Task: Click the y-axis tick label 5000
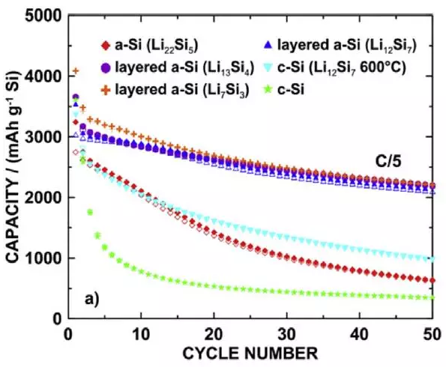point(43,16)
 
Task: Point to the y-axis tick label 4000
point(43,76)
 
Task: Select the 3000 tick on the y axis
point(43,137)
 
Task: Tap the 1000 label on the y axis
point(43,258)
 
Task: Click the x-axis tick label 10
point(142,334)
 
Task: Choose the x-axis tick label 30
point(286,334)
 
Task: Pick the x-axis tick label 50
point(433,334)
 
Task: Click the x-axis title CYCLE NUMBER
point(250,354)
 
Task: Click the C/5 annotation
point(388,162)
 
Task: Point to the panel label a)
point(92,299)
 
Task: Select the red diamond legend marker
point(106,46)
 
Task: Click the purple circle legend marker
point(106,68)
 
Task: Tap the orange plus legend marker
point(106,91)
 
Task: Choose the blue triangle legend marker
point(268,45)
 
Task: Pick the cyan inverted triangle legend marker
point(268,68)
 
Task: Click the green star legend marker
point(268,90)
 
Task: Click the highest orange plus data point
point(76,71)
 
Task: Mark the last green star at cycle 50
point(433,297)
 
